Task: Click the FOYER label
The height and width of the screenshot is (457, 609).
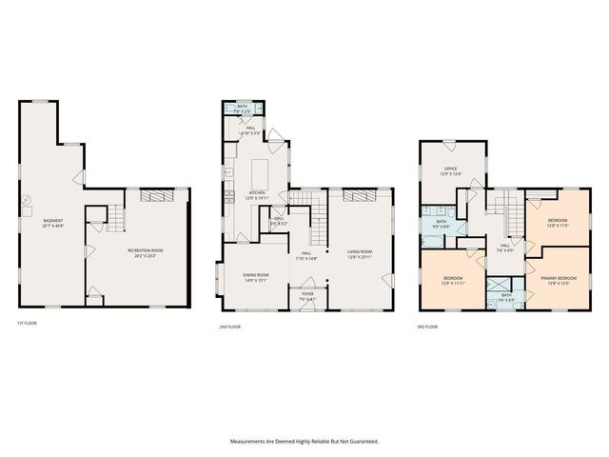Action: [307, 294]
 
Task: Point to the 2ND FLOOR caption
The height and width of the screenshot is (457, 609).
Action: [231, 327]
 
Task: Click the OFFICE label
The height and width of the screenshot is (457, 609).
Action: [449, 169]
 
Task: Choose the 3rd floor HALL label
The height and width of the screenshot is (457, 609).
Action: [504, 246]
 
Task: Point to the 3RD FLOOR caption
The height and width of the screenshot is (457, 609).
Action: [428, 327]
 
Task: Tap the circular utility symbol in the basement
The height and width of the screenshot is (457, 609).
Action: [27, 200]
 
